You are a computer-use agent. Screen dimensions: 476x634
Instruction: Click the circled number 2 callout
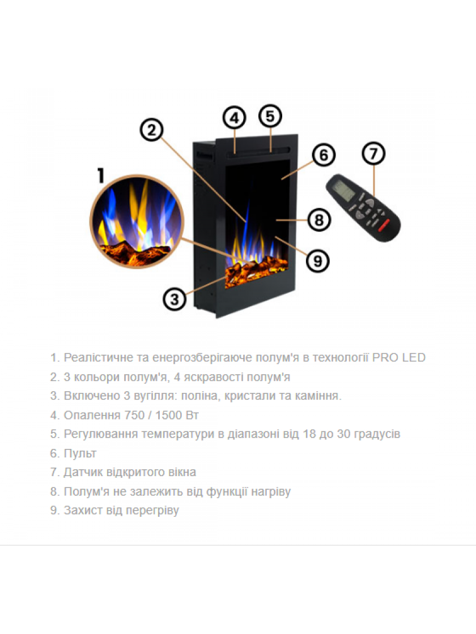[x=152, y=130]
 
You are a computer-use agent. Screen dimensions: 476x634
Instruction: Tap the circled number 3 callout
[x=175, y=299]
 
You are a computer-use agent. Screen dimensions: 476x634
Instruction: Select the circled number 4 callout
[x=235, y=118]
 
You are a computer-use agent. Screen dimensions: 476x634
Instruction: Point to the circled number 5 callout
[x=270, y=116]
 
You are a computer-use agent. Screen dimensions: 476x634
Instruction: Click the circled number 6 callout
[x=324, y=155]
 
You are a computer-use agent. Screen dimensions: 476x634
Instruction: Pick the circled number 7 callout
[x=373, y=153]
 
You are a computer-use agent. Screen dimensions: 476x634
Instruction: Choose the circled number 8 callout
[x=320, y=220]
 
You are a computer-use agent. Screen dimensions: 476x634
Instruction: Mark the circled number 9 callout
[x=318, y=261]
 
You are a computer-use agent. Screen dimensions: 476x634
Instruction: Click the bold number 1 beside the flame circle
[x=101, y=175]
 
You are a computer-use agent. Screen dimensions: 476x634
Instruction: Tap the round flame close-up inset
[x=137, y=221]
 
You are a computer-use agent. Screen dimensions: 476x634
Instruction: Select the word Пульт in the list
[x=80, y=453]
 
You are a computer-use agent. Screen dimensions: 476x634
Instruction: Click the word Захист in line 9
[x=83, y=511]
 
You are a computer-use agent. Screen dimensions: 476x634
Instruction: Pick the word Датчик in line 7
[x=83, y=473]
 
